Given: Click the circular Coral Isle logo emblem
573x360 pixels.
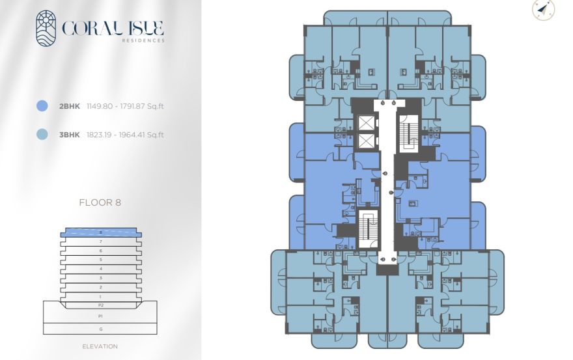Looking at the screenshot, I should pos(46,28).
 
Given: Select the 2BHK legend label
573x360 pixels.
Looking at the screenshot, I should pos(70,105).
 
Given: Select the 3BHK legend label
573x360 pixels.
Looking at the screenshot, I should pos(70,135).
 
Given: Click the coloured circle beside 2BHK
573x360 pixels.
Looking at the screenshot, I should pos(43,105).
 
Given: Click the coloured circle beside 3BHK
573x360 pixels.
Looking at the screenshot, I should pos(43,135).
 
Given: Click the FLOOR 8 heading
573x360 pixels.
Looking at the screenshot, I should pos(100,202).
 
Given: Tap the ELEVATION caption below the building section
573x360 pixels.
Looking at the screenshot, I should pos(100,346).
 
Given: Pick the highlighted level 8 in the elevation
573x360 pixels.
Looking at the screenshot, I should pos(100,232).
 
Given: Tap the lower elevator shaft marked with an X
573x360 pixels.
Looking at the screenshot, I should pos(367,141).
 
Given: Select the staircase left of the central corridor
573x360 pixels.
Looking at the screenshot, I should pos(369,228).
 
